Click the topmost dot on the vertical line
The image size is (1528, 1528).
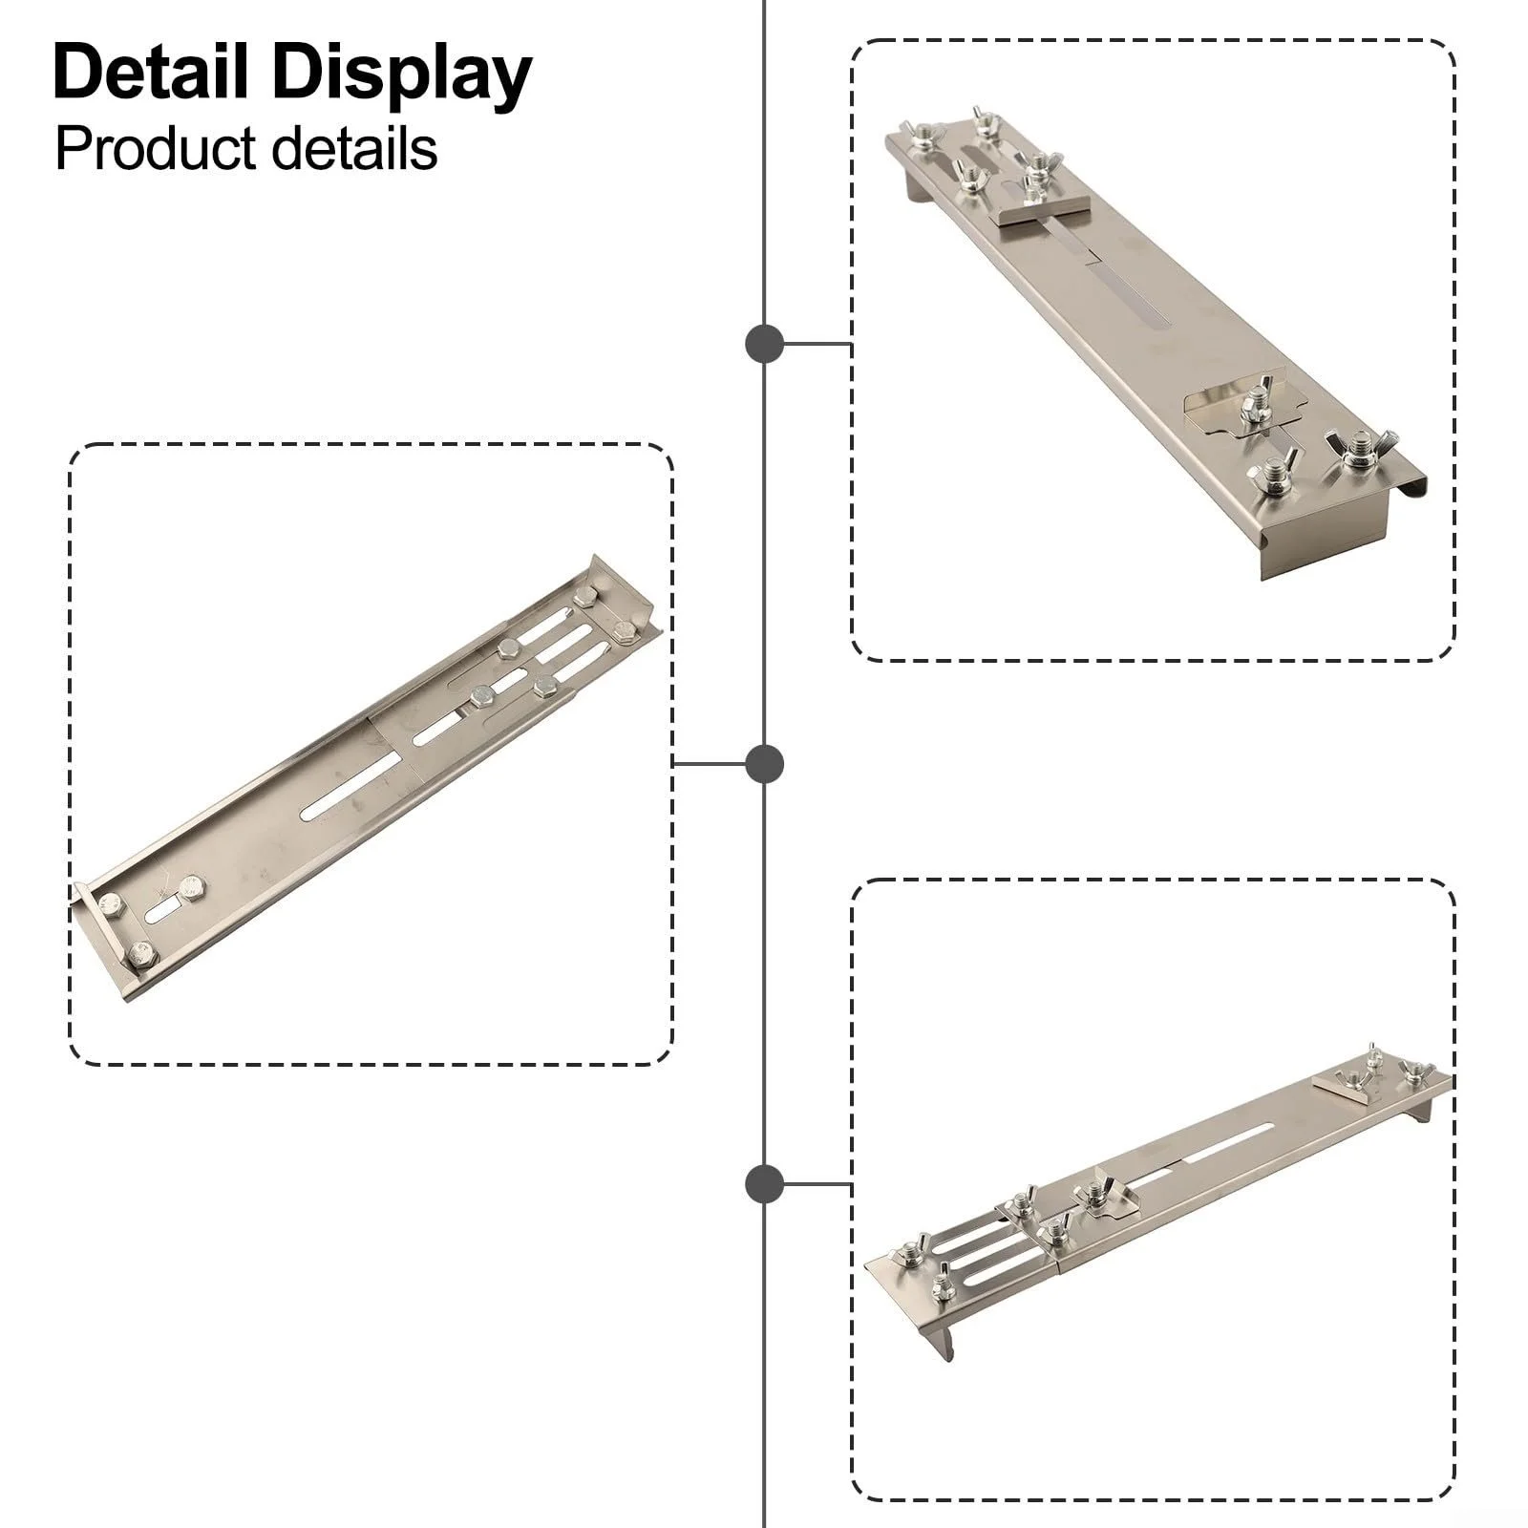pos(764,344)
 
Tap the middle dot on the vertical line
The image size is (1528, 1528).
pos(764,764)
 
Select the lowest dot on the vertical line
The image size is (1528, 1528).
pos(764,1184)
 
